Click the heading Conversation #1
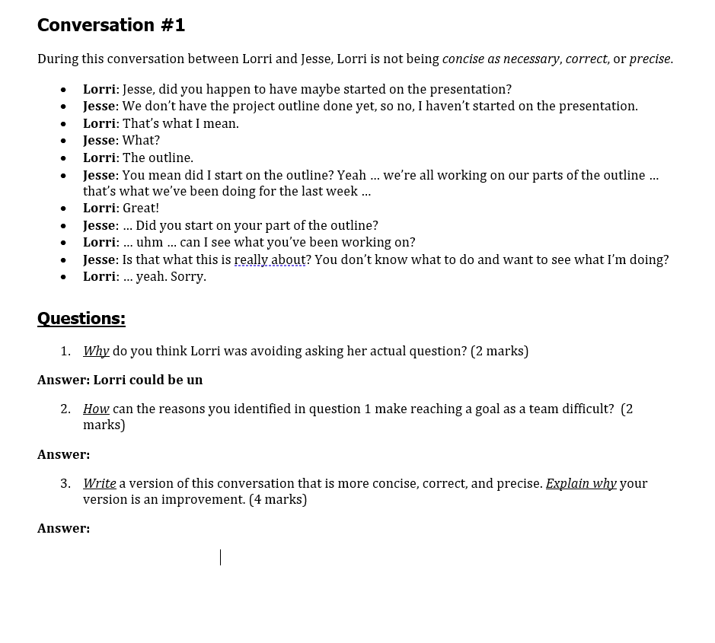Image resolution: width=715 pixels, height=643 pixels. [111, 25]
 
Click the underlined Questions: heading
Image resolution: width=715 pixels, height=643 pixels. [81, 318]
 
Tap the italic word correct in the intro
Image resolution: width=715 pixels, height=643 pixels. [586, 59]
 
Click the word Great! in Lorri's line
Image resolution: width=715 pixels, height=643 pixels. [141, 208]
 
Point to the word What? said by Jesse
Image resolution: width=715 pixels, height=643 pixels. [142, 140]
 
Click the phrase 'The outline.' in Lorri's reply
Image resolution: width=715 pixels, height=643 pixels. [158, 158]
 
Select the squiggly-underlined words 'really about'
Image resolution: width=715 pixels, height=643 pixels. [270, 259]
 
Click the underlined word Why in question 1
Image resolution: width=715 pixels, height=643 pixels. [96, 351]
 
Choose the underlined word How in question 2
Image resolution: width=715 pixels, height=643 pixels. [96, 409]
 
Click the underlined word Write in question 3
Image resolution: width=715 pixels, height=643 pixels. [100, 483]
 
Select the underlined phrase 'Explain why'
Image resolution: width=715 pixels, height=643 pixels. [581, 483]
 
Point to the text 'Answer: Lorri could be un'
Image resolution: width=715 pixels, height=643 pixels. [120, 380]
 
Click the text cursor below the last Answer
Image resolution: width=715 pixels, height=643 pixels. [221, 557]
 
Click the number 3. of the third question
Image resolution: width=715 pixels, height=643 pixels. [65, 483]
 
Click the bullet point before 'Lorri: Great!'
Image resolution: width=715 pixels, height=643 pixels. [63, 208]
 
